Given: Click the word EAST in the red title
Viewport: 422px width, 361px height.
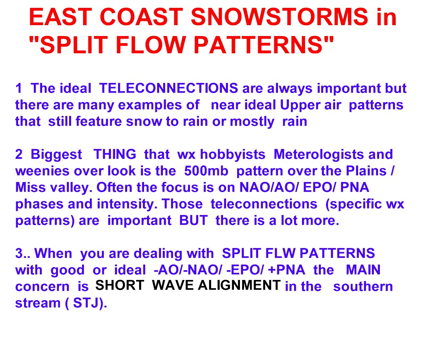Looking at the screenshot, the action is click(61, 17).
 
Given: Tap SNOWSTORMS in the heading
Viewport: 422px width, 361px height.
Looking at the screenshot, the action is click(279, 17).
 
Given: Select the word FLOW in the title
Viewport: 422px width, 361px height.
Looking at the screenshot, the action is click(151, 45).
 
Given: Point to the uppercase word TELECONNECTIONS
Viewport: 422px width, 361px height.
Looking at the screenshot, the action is click(168, 88).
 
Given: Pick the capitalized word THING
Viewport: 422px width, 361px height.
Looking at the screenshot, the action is click(115, 155).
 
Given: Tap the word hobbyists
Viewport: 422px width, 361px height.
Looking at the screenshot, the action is click(233, 155).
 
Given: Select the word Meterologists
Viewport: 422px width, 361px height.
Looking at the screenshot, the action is click(319, 155).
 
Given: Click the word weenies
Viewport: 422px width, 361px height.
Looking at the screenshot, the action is click(42, 171).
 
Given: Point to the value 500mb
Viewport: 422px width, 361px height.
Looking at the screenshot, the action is click(206, 171).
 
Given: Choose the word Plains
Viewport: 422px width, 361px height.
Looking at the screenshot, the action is click(366, 171).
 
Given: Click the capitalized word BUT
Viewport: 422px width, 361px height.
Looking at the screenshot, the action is click(193, 221).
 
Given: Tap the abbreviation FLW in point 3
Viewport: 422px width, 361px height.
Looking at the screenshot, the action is click(281, 253).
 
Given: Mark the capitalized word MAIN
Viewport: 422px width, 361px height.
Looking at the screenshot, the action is click(363, 270).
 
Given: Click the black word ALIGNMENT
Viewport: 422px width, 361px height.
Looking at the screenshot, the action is click(239, 285).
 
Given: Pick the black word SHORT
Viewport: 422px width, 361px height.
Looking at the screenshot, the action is click(120, 285).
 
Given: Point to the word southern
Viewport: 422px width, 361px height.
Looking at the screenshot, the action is click(363, 287).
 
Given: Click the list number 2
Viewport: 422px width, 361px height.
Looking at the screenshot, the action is click(19, 155).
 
